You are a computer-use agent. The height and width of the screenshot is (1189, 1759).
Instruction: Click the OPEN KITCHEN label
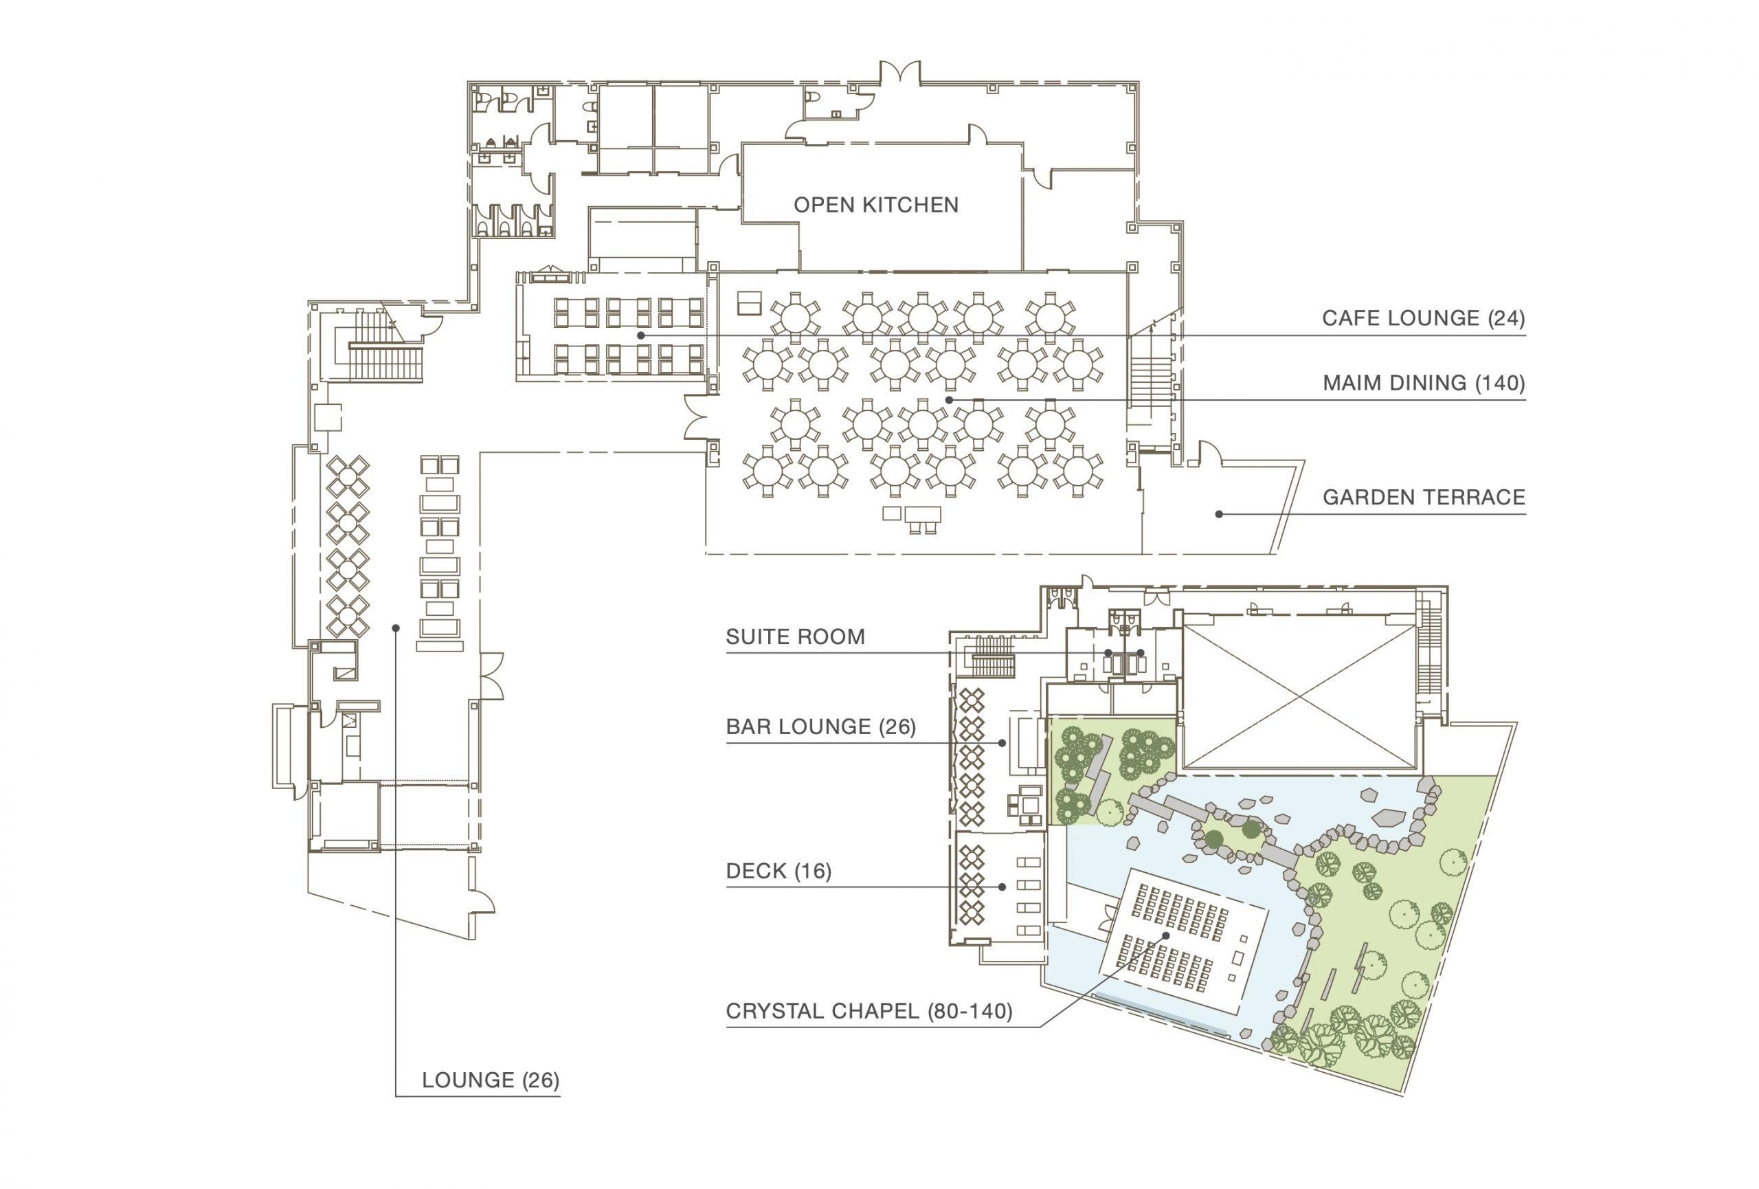(875, 205)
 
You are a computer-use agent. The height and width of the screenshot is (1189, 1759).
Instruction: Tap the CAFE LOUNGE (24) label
(1424, 318)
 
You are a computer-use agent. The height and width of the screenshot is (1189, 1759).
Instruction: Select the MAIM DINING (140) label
(1424, 383)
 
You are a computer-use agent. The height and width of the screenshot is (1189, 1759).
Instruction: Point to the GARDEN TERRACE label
(1424, 497)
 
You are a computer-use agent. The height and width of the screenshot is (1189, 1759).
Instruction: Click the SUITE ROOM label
(796, 636)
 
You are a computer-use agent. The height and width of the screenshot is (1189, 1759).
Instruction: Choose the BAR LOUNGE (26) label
(821, 726)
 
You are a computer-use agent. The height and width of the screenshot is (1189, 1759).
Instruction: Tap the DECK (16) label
(778, 871)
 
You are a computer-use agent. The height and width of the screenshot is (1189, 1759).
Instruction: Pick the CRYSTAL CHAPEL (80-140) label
(869, 1011)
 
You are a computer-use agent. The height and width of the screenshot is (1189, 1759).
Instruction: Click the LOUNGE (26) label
(491, 1080)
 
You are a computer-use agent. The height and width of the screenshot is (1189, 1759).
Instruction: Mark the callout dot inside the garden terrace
(1218, 515)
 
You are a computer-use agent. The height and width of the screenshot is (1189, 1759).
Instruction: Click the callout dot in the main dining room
(948, 399)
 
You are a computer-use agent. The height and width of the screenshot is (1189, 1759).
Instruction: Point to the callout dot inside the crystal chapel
(1165, 935)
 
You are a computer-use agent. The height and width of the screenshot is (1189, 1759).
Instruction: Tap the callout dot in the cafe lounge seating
(640, 335)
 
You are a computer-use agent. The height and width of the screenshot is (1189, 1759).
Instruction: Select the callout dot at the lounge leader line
(395, 628)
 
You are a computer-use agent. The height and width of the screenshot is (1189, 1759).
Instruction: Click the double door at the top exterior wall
(900, 73)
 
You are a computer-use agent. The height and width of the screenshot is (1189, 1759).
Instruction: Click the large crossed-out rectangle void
(1299, 696)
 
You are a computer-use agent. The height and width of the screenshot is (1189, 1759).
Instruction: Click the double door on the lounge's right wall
(491, 675)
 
